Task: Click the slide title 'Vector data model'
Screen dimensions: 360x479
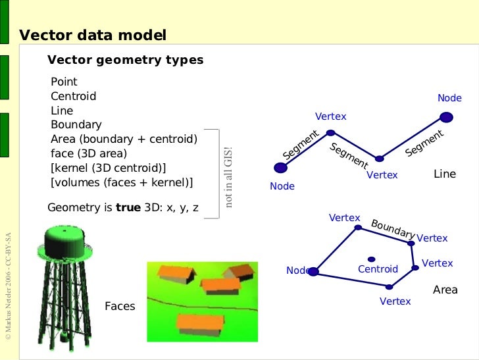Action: pos(92,35)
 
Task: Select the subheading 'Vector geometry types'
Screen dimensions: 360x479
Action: pos(125,61)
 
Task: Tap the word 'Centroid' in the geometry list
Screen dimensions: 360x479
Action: pos(73,96)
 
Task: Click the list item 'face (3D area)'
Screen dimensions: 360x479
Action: pos(89,153)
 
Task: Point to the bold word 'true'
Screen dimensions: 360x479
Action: pos(128,207)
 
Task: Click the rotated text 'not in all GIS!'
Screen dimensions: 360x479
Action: pos(229,176)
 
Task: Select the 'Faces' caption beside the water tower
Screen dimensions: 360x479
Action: pos(120,306)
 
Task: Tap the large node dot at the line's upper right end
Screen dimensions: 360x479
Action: pos(446,118)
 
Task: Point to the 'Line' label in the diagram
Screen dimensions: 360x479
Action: pos(445,174)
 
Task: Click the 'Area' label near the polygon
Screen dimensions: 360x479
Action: pos(445,290)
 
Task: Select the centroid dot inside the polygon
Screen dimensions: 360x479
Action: pos(371,259)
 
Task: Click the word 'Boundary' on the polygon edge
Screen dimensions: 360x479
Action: pos(393,228)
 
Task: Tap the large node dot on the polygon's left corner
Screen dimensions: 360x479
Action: pos(313,271)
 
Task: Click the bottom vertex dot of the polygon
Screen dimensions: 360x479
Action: pos(389,286)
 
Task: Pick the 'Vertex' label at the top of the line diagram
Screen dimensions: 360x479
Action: pos(330,116)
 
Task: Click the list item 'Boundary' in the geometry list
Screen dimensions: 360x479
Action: pos(76,124)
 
